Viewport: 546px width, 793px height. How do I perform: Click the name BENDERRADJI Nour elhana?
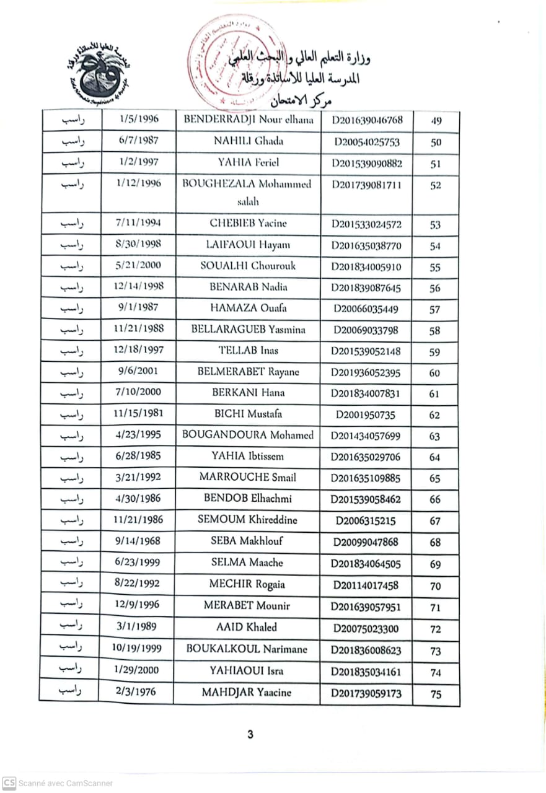249,120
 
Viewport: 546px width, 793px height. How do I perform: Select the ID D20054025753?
366,142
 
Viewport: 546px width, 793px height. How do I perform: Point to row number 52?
435,185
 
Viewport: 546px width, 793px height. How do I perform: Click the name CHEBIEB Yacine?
248,223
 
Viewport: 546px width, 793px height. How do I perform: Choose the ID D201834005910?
366,267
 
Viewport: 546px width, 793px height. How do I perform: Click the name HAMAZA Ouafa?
248,308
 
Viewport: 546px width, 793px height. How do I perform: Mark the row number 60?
435,373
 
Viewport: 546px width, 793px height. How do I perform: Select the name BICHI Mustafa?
248,413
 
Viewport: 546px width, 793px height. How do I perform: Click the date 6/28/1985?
138,456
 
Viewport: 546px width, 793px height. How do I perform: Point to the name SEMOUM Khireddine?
247,520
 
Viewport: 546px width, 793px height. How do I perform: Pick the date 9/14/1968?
138,541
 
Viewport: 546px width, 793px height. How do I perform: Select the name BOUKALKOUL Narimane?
247,649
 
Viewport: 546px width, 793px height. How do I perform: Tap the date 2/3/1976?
137,692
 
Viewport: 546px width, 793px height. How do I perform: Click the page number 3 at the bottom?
250,735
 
